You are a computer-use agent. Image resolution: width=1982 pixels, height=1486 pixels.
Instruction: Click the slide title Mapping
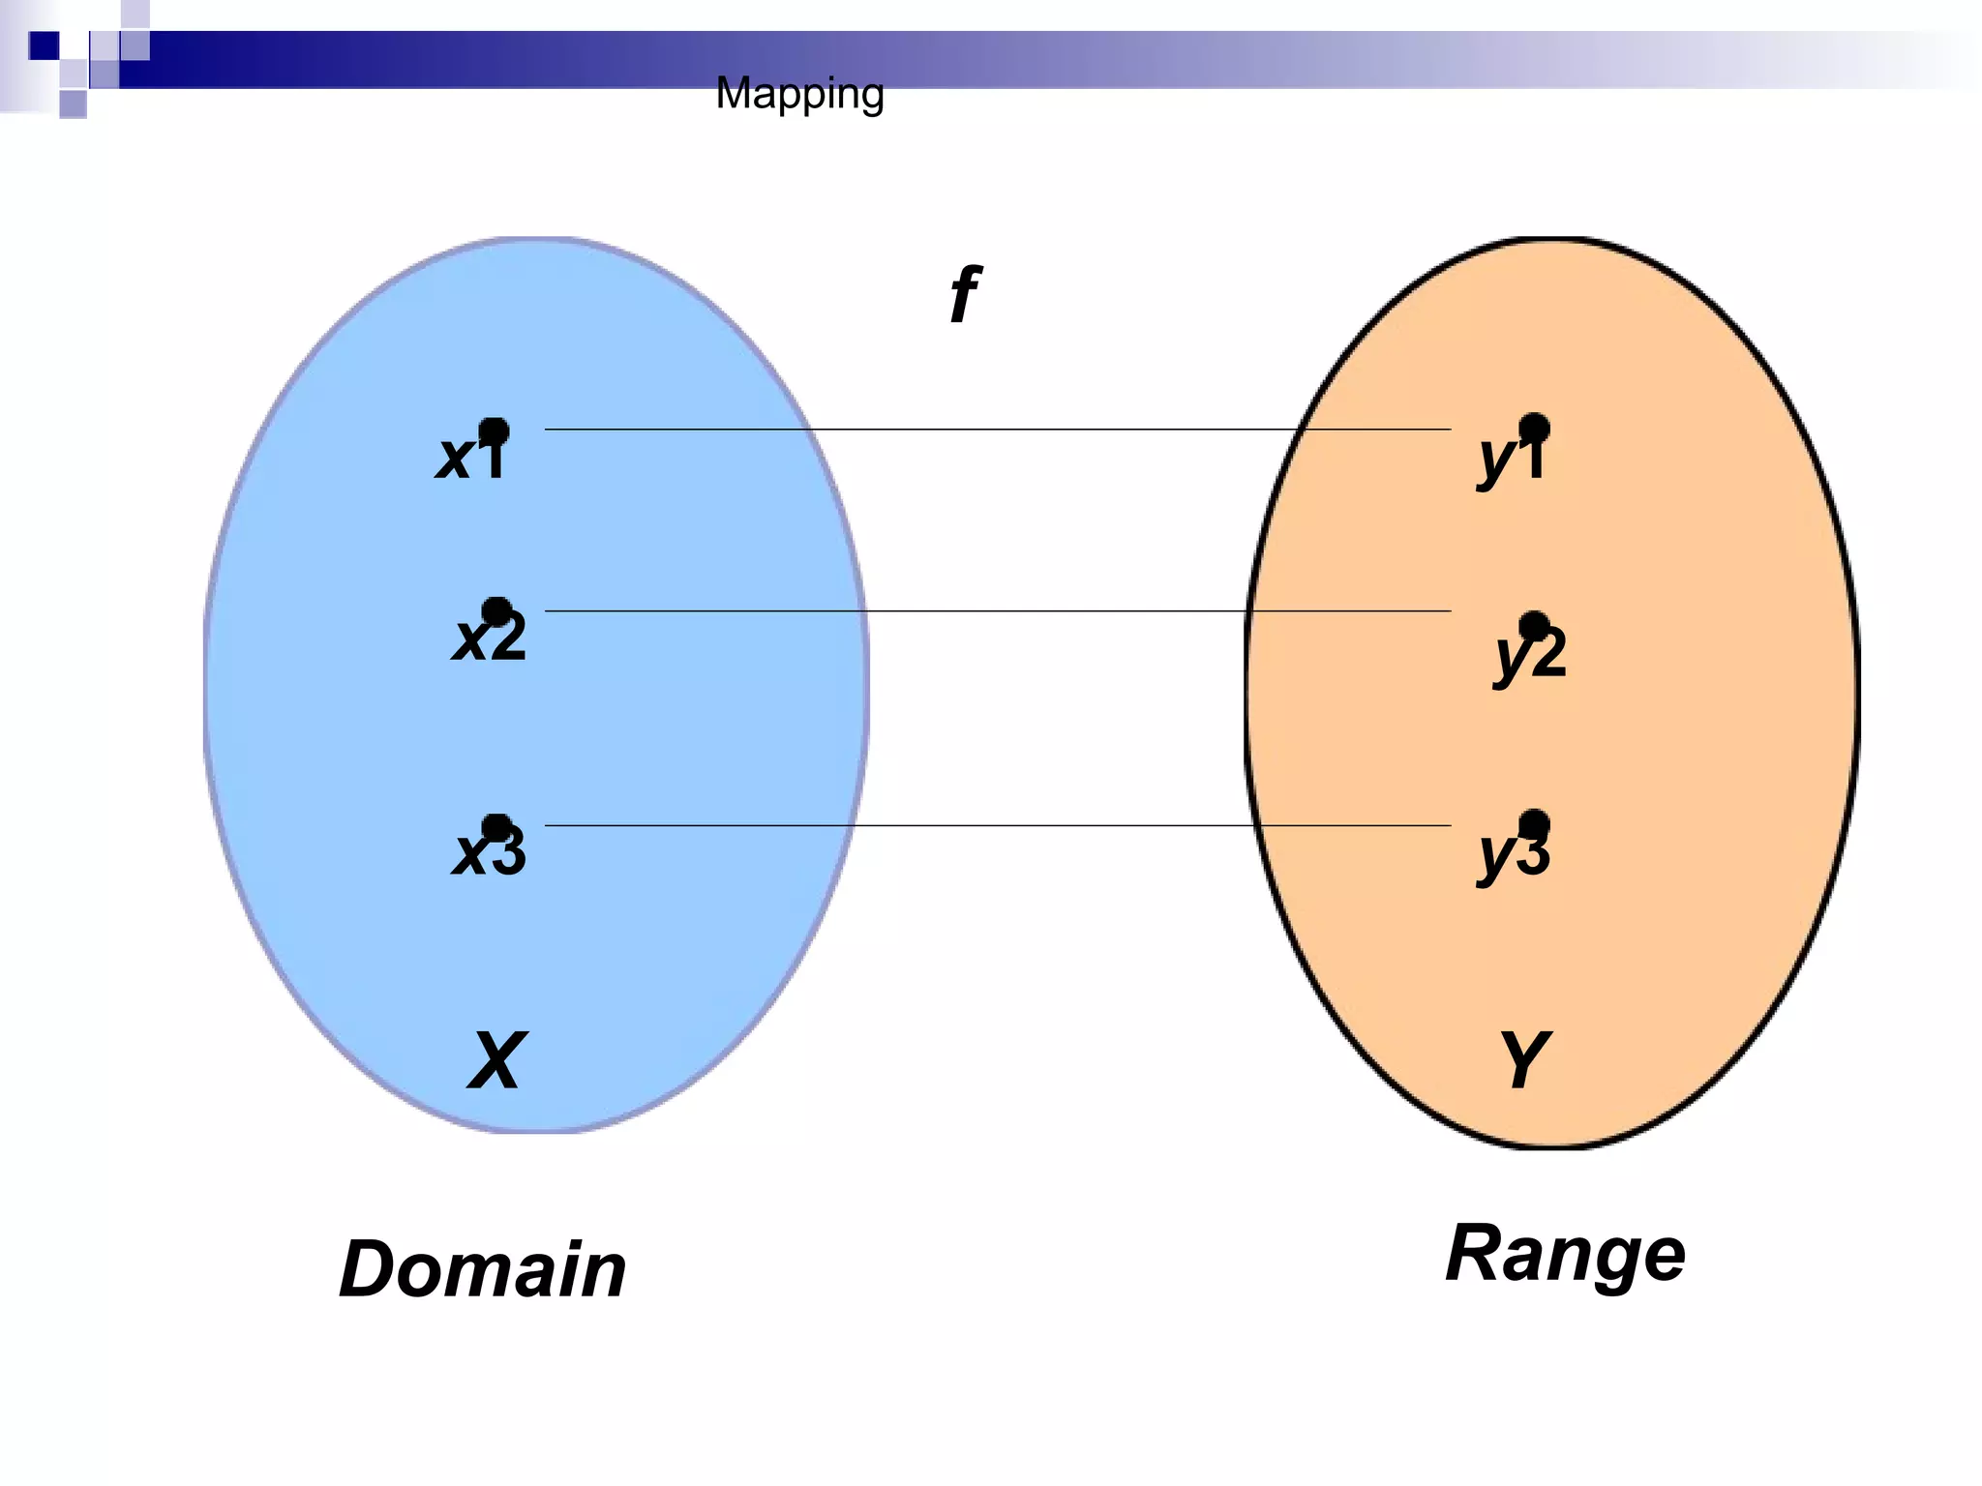pyautogui.click(x=799, y=95)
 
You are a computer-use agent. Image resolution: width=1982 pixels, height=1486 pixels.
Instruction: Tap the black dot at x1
pyautogui.click(x=494, y=431)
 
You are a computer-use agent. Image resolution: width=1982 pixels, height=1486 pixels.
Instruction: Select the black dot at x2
pyautogui.click(x=496, y=610)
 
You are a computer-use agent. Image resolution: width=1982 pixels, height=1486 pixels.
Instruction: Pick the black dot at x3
pyautogui.click(x=496, y=827)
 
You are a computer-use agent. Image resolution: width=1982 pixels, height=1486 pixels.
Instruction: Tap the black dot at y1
pyautogui.click(x=1534, y=428)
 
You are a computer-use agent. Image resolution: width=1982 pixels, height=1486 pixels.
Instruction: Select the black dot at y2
pyautogui.click(x=1534, y=626)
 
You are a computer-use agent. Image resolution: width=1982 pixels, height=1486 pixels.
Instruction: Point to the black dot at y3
pyautogui.click(x=1534, y=824)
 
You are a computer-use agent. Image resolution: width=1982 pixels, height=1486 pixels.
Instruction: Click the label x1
pyautogui.click(x=469, y=457)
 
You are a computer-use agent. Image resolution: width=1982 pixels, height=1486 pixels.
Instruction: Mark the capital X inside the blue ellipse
pyautogui.click(x=497, y=1061)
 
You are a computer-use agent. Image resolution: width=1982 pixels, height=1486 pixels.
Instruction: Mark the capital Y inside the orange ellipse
pyautogui.click(x=1524, y=1061)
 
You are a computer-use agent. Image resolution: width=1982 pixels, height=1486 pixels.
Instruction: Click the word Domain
pyautogui.click(x=482, y=1269)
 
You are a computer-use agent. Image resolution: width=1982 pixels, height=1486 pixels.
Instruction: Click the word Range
pyautogui.click(x=1565, y=1255)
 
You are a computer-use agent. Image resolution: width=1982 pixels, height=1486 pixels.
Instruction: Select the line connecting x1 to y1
pyautogui.click(x=997, y=429)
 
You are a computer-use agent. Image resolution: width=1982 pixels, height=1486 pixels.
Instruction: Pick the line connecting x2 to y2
pyautogui.click(x=997, y=610)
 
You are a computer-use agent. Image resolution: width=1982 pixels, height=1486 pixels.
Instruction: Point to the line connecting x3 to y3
pyautogui.click(x=997, y=825)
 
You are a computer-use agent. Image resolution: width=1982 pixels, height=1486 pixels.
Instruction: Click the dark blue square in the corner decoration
pyautogui.click(x=44, y=45)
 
